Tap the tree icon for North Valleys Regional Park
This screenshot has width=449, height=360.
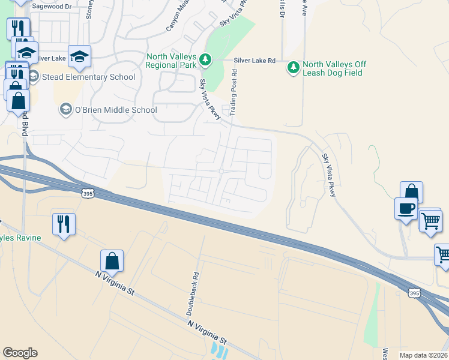[206, 59]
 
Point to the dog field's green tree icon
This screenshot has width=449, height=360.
[294, 67]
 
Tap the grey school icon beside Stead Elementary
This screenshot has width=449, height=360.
[33, 77]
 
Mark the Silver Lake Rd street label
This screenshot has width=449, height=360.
[255, 61]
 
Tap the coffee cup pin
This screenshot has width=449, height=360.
[406, 208]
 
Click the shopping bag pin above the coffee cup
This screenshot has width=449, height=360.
[411, 192]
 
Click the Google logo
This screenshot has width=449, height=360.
[20, 353]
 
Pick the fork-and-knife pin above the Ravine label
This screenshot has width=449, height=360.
[64, 224]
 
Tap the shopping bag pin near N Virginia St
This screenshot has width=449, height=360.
[112, 260]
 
